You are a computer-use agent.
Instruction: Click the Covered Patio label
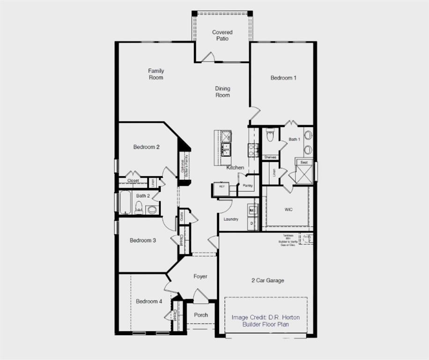coord(222,35)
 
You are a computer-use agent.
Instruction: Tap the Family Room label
coord(156,74)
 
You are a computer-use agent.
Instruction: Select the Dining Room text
coord(222,91)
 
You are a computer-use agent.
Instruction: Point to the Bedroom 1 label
coord(283,78)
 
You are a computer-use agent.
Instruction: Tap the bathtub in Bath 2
coord(126,202)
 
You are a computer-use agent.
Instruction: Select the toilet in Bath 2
coord(139,208)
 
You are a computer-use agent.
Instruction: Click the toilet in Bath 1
coord(270,135)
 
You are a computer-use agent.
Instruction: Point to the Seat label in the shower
coord(304,162)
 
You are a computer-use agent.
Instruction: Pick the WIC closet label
coord(288,210)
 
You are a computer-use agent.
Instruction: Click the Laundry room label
coord(231,219)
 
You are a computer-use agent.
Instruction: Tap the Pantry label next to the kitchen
coord(248,186)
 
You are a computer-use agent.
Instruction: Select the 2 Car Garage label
coord(267,280)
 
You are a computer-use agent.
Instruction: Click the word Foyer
coord(200,277)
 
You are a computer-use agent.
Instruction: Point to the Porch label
coord(201,315)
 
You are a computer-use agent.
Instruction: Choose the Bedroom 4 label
coord(149,301)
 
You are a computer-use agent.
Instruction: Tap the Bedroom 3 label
coord(143,240)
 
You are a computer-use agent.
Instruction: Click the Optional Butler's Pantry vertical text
coord(184,164)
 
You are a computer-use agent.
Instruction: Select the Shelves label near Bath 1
coord(270,157)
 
